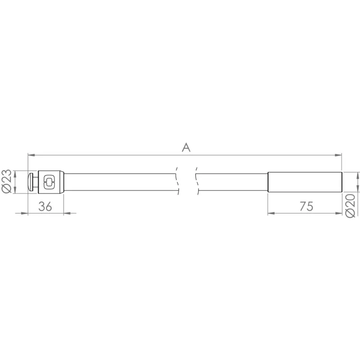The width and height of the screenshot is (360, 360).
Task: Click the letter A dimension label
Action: tap(186, 148)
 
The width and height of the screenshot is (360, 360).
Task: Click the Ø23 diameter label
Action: tap(6, 181)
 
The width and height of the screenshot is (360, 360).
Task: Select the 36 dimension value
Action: tap(45, 207)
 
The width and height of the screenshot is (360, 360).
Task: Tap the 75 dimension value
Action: tap(306, 206)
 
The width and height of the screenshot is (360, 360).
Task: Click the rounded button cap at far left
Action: tap(30, 182)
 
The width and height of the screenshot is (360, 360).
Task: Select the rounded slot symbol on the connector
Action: tap(49, 182)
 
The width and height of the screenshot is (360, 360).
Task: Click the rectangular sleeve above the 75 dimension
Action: tap(305, 182)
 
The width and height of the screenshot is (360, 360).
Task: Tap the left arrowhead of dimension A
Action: tap(31, 155)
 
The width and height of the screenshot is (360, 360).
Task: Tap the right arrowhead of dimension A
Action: tap(338, 155)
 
